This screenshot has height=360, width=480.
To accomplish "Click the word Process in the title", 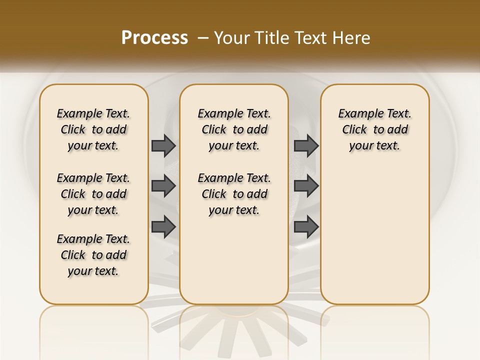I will [x=154, y=37].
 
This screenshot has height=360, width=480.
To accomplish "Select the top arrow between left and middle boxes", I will [x=163, y=145].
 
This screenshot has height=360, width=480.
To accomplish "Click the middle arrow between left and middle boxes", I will [x=163, y=186].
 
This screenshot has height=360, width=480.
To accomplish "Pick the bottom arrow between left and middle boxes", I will [x=163, y=227].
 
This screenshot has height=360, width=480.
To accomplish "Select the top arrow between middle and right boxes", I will [x=306, y=145].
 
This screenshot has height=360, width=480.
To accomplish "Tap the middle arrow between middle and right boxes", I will [x=306, y=186].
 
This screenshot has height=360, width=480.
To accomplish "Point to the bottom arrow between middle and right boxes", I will [x=306, y=227].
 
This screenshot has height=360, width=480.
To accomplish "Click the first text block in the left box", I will [x=93, y=129].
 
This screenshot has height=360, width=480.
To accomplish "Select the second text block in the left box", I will [x=93, y=194].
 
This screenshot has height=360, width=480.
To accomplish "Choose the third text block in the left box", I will [x=93, y=255].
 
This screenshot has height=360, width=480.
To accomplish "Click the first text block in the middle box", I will [x=234, y=129].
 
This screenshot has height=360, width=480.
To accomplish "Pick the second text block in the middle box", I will [x=234, y=194].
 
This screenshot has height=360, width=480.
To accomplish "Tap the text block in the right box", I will [x=374, y=129].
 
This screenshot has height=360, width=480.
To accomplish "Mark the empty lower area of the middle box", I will [x=234, y=260].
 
